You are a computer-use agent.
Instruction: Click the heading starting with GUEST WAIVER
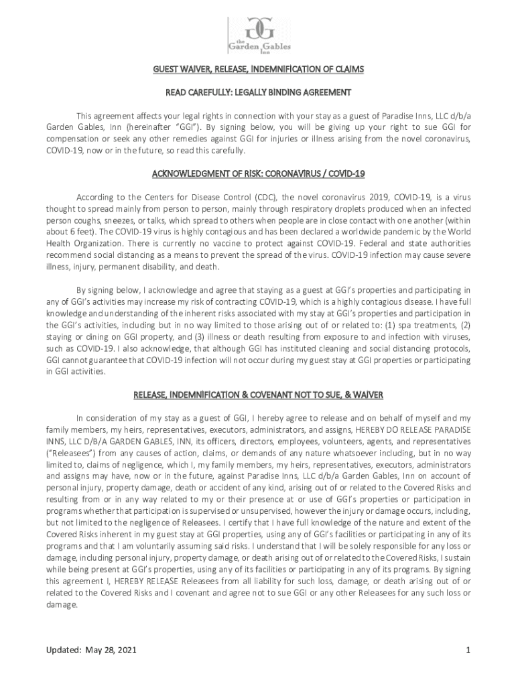pos(258,68)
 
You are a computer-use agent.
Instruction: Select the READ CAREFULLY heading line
pos(258,92)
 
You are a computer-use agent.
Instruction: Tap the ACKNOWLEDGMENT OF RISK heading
pos(258,174)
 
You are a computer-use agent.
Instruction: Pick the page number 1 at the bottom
pos(468,650)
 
